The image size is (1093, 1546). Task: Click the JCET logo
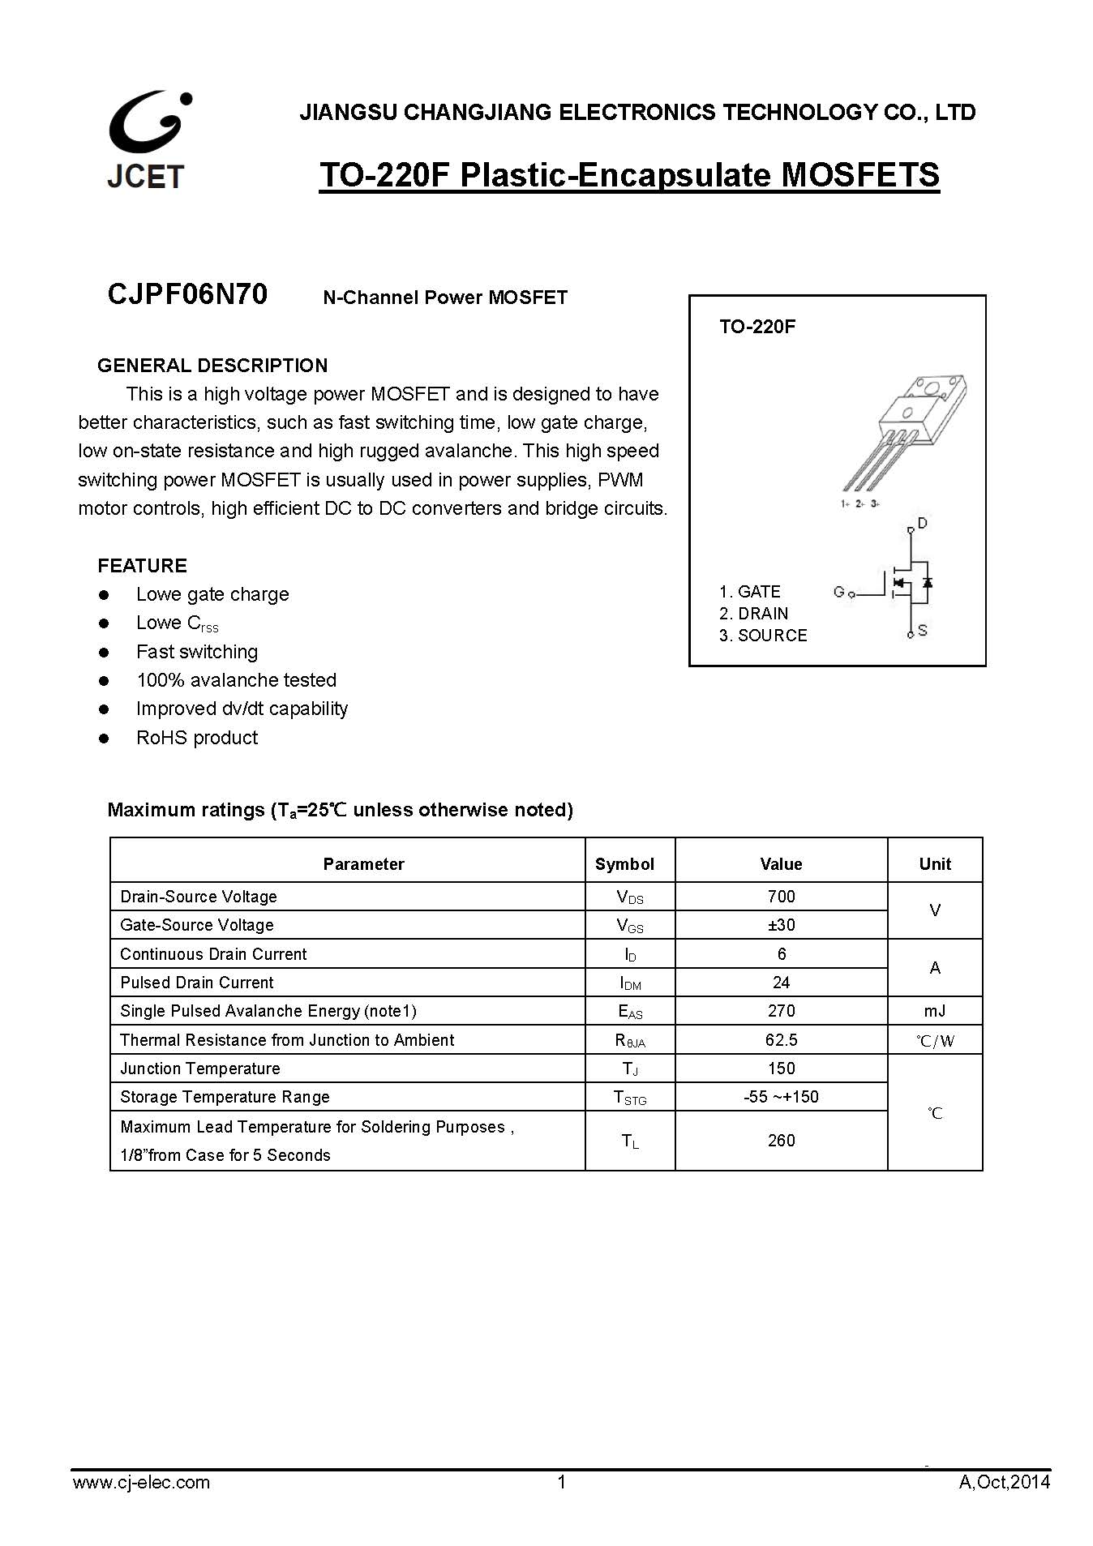tap(148, 139)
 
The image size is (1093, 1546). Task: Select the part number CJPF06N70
tap(187, 294)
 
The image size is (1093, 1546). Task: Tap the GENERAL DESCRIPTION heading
tap(212, 366)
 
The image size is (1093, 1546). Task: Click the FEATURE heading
tap(142, 566)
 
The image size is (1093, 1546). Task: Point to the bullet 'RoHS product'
tap(196, 738)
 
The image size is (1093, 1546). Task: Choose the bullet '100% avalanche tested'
tap(236, 680)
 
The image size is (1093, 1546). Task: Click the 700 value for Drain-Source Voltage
tap(781, 897)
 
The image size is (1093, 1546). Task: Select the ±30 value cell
tap(781, 925)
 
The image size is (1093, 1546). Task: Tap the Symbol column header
tap(624, 864)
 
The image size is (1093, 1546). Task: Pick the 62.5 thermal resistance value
tap(781, 1040)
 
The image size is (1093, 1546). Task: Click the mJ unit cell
tap(934, 1011)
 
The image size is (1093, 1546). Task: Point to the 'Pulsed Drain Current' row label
tap(197, 983)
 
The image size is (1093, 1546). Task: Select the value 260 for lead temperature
tap(781, 1141)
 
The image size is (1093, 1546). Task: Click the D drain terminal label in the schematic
tap(922, 523)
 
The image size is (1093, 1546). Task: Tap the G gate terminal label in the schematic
tap(838, 592)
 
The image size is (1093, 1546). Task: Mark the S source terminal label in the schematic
tap(923, 630)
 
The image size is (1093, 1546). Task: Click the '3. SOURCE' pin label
tap(763, 636)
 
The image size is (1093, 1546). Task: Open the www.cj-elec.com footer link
tap(141, 1483)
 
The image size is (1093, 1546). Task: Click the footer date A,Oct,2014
tap(1004, 1483)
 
